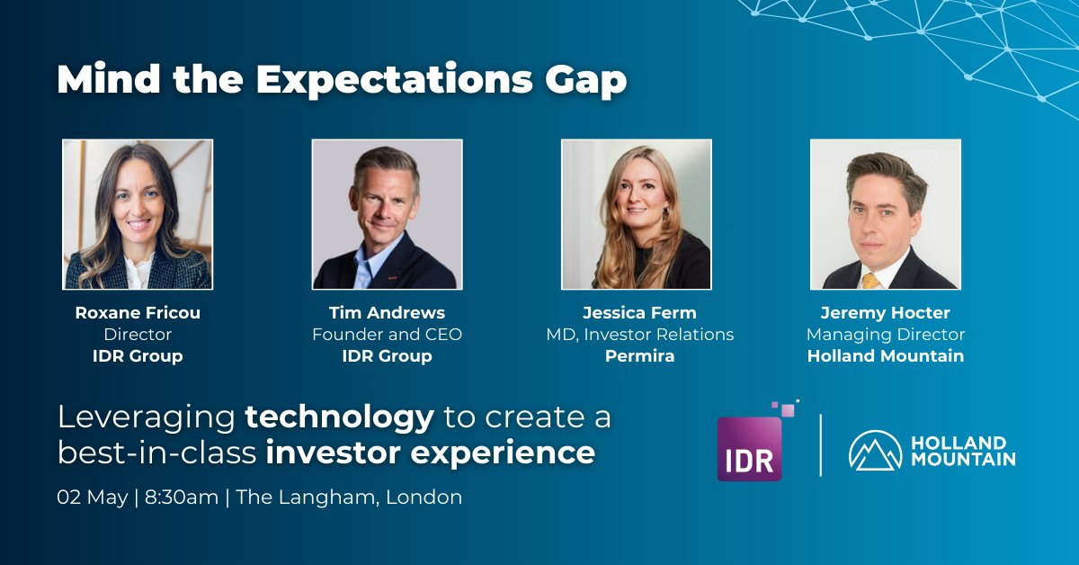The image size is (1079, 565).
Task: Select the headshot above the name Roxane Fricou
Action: tap(138, 214)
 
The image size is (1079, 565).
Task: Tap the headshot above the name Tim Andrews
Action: tap(387, 214)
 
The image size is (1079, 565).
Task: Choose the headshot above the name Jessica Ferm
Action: tap(637, 214)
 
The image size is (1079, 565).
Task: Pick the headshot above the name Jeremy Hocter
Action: tap(886, 214)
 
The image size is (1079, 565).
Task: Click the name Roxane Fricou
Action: tap(138, 313)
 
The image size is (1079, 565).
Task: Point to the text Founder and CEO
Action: tap(387, 335)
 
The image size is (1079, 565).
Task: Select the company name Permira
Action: tap(640, 356)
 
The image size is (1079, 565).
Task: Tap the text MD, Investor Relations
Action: tap(640, 335)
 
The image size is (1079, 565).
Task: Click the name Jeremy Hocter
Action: tap(886, 313)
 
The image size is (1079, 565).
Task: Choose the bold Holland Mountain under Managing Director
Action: tap(886, 356)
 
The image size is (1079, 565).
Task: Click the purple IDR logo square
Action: tap(749, 448)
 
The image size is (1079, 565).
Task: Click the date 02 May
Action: tap(91, 497)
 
